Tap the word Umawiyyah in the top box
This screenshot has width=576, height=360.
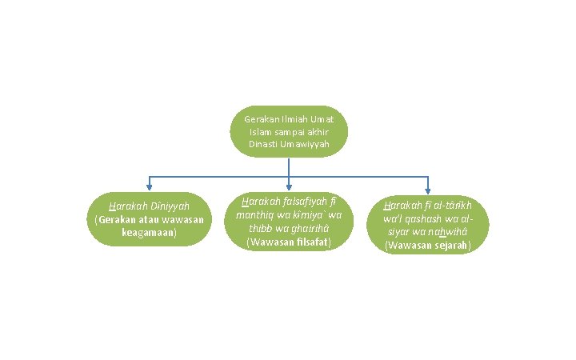point(306,144)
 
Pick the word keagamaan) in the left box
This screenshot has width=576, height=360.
point(150,233)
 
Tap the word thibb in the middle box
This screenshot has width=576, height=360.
point(261,228)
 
